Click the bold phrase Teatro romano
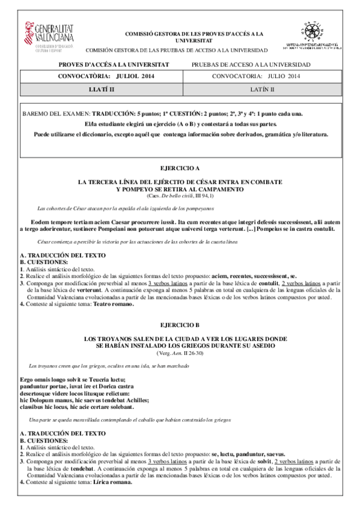pos(113,304)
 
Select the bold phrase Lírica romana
pos(112,482)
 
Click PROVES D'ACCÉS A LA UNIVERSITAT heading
pos(114,64)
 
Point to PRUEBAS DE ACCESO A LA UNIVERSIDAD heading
pos(251,64)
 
